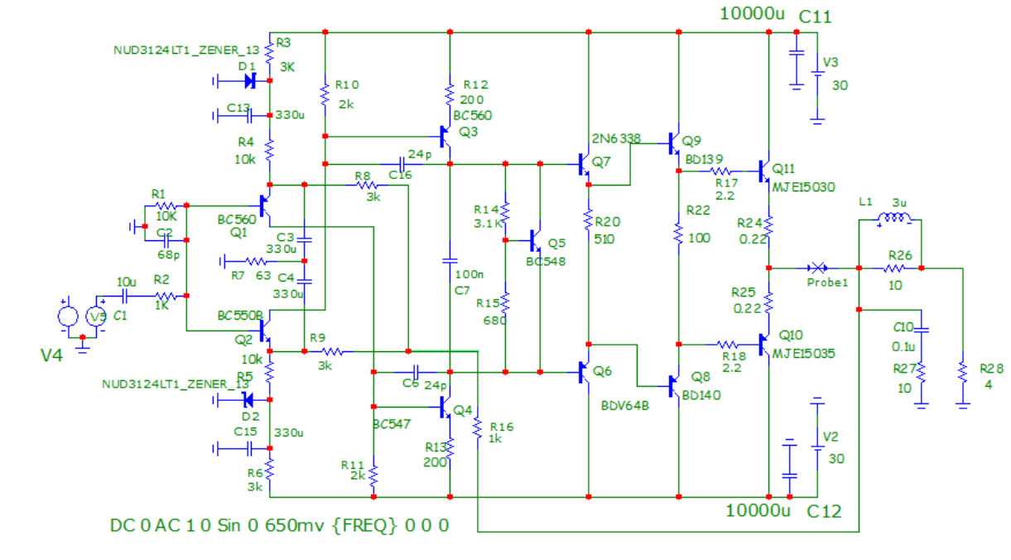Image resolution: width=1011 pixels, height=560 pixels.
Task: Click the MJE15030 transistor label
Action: click(x=804, y=187)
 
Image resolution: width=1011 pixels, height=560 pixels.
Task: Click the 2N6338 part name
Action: click(x=616, y=138)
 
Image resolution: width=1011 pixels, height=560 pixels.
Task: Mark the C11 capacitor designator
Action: click(x=815, y=17)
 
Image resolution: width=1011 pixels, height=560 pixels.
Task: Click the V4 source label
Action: click(x=52, y=355)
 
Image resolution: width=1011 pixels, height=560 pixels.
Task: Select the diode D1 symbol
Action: click(x=249, y=81)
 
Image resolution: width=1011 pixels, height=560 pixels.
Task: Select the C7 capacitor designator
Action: click(x=461, y=290)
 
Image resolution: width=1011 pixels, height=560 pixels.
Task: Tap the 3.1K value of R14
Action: click(x=488, y=223)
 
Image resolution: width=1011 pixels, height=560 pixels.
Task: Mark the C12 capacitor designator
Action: click(x=824, y=511)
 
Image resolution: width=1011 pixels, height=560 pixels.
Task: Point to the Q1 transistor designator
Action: click(x=238, y=233)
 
